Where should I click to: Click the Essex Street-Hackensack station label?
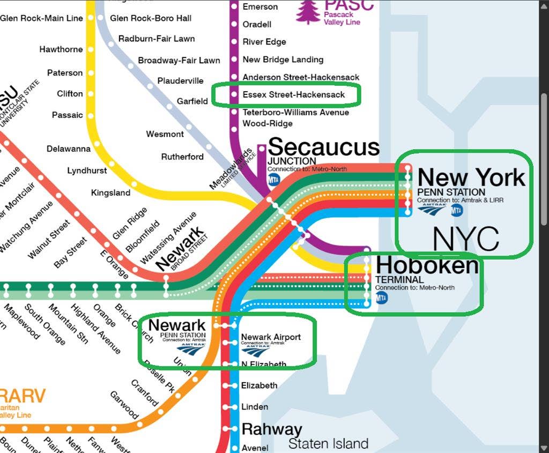[x=293, y=95]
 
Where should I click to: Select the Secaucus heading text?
[x=323, y=146]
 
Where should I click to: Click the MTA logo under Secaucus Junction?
[x=274, y=179]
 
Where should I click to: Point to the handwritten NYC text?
[x=465, y=239]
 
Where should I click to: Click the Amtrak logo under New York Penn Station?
[x=432, y=209]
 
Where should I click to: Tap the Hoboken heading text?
[x=427, y=265]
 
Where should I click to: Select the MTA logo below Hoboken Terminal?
[x=381, y=298]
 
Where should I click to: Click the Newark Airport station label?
[x=271, y=337]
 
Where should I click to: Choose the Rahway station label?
[x=272, y=429]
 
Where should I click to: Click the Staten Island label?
[x=328, y=444]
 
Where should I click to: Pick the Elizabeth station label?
[x=259, y=385]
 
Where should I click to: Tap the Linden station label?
[x=255, y=407]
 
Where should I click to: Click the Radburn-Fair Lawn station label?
[x=157, y=39]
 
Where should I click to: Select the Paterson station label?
[x=65, y=72]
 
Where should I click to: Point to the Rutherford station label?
[x=182, y=157]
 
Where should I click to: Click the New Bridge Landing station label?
[x=283, y=60]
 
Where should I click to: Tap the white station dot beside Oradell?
[x=234, y=24]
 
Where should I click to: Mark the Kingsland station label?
[x=110, y=192]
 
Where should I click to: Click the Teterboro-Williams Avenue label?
[x=295, y=113]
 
